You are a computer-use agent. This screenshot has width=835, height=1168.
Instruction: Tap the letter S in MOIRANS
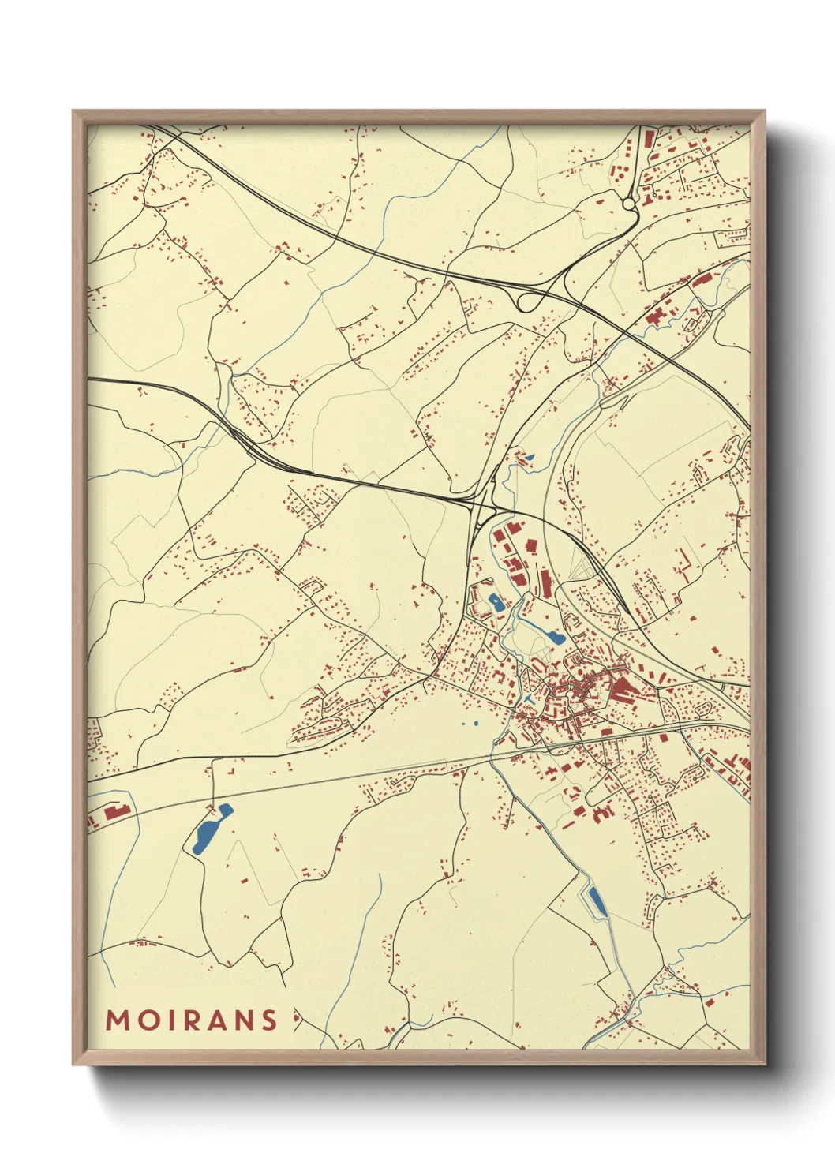coord(269,1020)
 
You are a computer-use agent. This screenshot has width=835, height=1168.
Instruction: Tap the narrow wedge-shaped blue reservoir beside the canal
coord(597,900)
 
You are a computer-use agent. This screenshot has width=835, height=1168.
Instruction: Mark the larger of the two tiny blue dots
coord(476,723)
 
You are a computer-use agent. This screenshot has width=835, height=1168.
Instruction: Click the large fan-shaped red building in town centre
coord(621,691)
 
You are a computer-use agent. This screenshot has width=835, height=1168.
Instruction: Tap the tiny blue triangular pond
coord(530,456)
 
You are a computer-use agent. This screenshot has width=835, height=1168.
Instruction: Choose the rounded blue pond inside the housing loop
coord(496,603)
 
